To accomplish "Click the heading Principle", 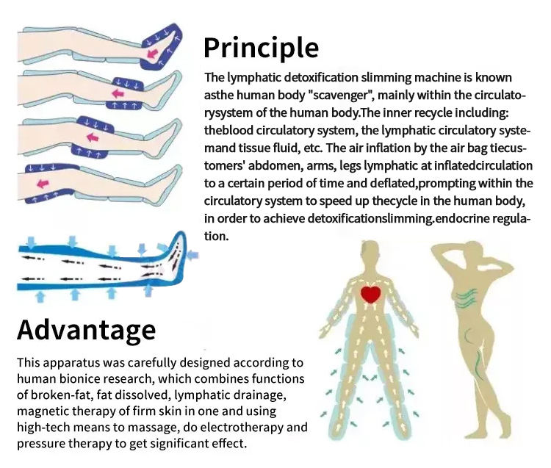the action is coord(261,47).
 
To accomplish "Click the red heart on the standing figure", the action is coord(371,295).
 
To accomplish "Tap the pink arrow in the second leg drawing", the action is coord(116,93).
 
